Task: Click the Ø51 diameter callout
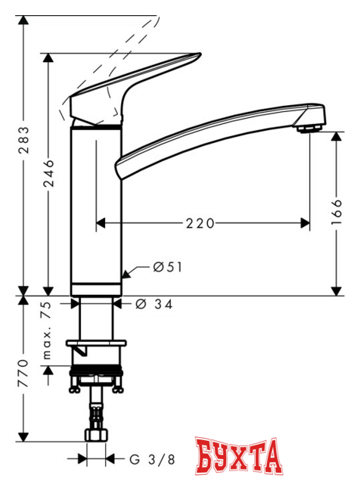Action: (x=168, y=267)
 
